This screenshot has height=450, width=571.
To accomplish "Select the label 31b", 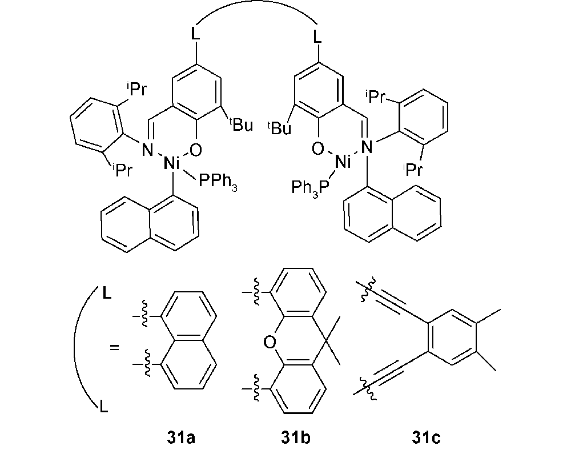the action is tap(296, 437).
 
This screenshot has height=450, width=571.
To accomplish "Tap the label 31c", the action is tap(426, 437).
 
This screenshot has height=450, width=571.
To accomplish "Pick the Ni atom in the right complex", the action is tap(342, 161).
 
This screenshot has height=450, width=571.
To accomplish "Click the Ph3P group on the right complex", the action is tap(310, 188).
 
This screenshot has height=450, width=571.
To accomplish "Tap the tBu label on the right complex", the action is tap(279, 127).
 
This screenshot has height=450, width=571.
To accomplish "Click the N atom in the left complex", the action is tap(147, 150).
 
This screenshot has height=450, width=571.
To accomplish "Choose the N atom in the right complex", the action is tap(367, 147).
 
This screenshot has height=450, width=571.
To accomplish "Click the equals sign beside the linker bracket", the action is tap(114, 347).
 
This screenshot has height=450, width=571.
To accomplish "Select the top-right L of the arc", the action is tap(318, 37).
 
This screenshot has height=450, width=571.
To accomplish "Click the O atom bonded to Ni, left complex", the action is tap(195, 150).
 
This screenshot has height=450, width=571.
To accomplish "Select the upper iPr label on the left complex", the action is tap(136, 89).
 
